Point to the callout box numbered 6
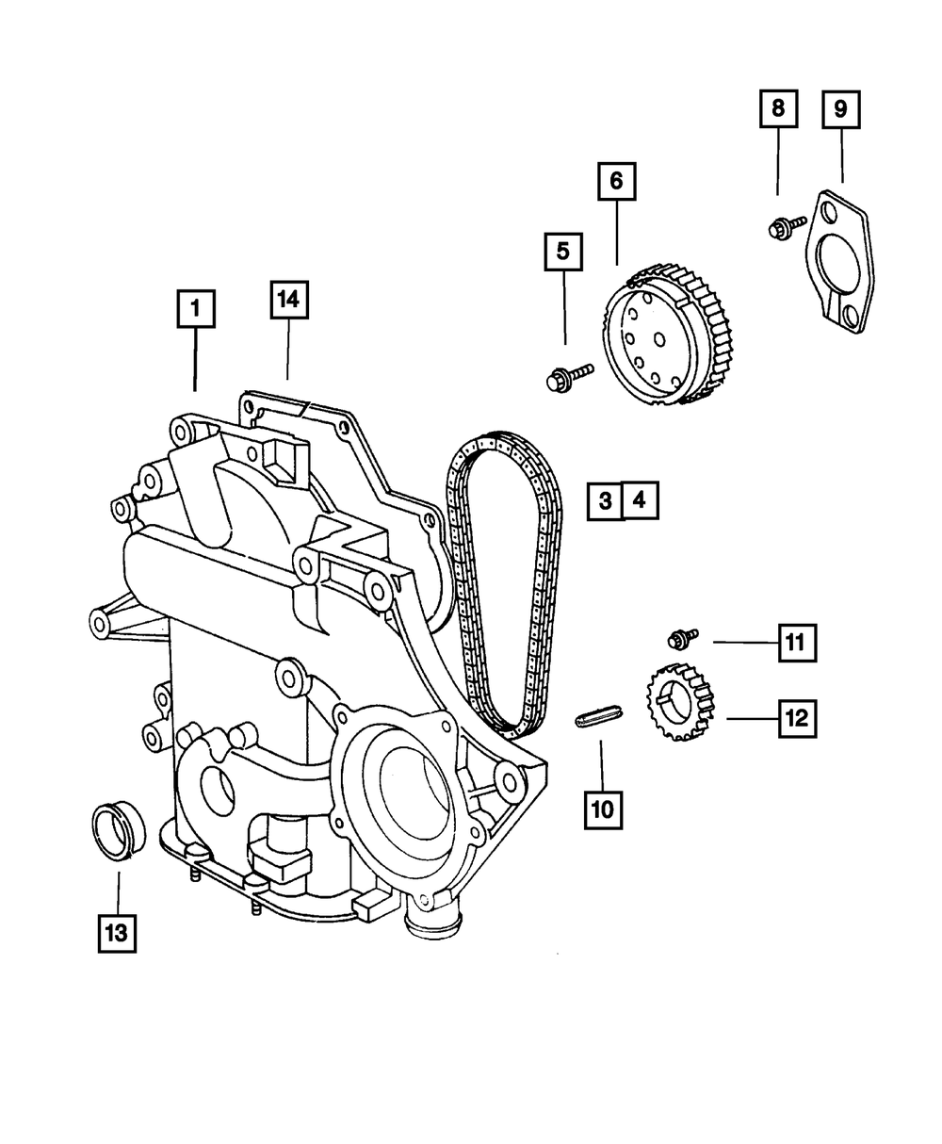point(616,182)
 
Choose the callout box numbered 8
point(778,109)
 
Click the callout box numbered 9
point(840,109)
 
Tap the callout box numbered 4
point(640,502)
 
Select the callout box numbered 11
point(796,645)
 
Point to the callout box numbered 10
point(602,808)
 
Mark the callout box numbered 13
point(115,933)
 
